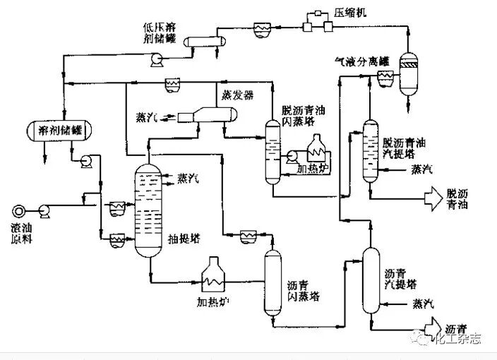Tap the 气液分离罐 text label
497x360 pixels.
pos(361,62)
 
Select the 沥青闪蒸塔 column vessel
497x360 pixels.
pos(272,282)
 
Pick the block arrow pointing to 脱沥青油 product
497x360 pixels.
pos(431,198)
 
